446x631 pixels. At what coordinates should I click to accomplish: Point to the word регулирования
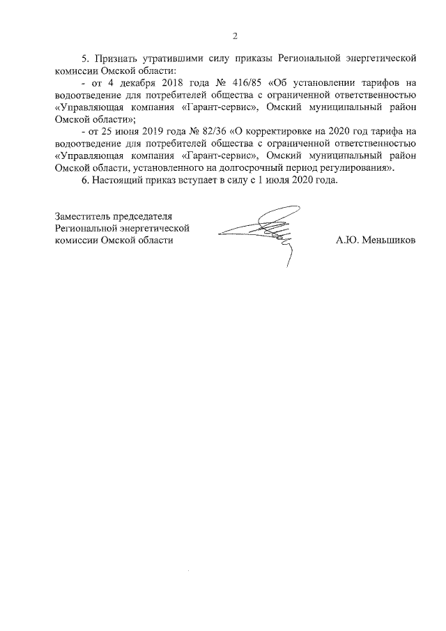(x=356, y=168)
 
